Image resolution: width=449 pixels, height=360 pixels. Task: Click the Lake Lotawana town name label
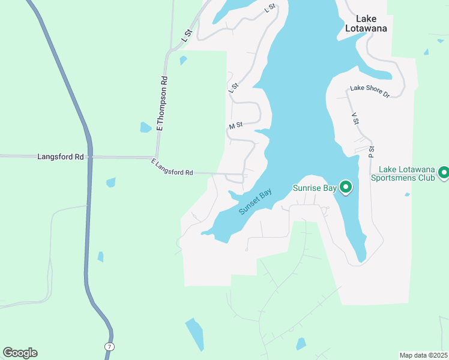coord(366,23)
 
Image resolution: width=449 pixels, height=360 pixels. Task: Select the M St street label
coord(235,125)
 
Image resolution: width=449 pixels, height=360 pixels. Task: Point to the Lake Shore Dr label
coord(370,91)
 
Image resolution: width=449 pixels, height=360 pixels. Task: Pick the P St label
coord(372,151)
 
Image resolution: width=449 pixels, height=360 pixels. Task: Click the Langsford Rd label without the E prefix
coord(60,157)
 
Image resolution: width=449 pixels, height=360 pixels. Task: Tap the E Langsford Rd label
coord(172,168)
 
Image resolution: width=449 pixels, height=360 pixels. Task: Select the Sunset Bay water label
coord(256,202)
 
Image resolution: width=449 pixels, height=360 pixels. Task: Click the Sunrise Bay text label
coord(315,188)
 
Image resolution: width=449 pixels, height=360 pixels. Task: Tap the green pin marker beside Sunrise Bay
coord(346,187)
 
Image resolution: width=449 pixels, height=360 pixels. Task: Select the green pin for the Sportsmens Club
coord(444,173)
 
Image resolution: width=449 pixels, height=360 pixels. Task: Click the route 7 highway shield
coord(109,347)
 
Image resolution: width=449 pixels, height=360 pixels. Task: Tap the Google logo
coord(20,352)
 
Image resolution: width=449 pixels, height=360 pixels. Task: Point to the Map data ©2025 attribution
coord(424,355)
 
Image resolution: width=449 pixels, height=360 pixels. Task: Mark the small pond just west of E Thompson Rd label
coord(145,127)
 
